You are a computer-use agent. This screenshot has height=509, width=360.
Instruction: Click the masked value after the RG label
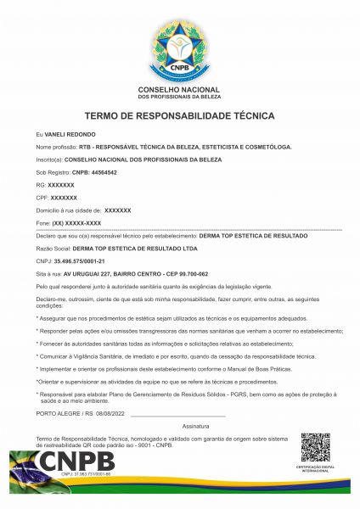point(61,184)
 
